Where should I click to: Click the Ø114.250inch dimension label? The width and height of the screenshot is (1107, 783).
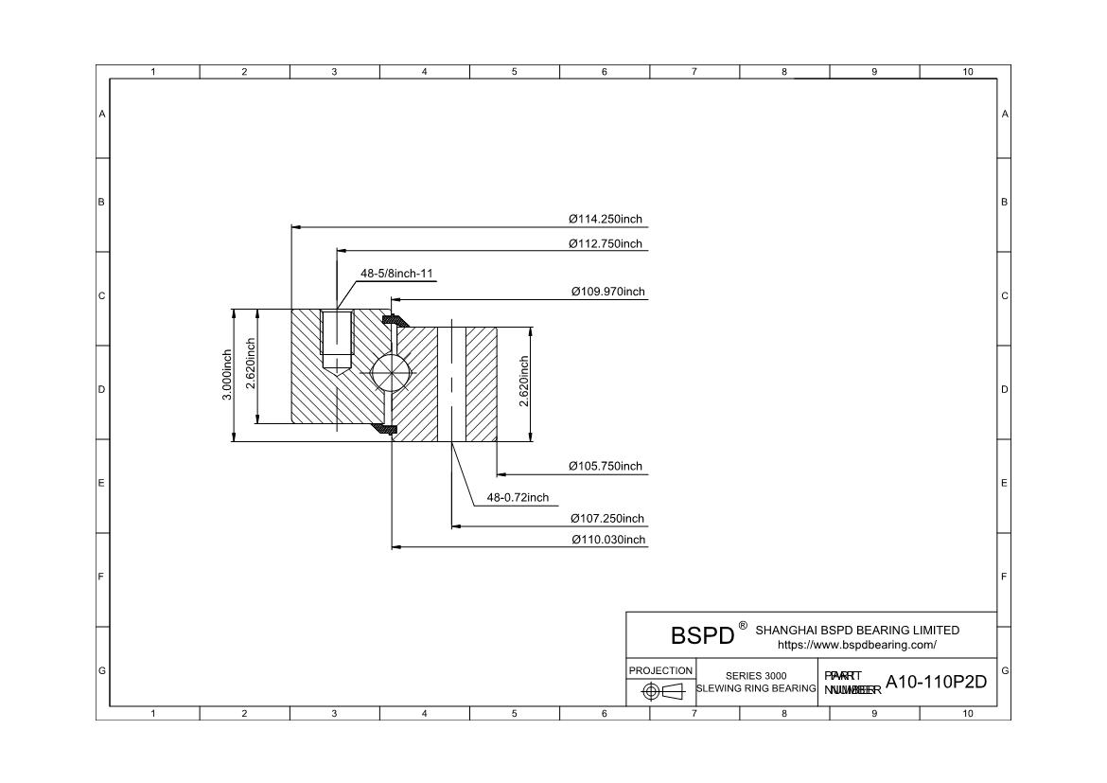pos(605,220)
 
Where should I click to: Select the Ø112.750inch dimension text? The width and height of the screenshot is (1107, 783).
pos(605,244)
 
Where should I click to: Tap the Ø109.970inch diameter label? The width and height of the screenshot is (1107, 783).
pos(607,292)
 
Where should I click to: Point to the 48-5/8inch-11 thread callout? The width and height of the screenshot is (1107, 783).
pos(396,274)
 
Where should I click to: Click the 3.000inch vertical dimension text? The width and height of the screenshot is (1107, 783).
pos(227,375)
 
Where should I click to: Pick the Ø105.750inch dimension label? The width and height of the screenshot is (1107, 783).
pos(605,467)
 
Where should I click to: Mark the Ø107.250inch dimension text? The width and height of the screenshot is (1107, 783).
pos(606,519)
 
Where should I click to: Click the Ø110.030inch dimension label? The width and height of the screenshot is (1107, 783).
pos(607,541)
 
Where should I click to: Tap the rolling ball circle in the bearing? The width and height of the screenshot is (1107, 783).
pos(391,372)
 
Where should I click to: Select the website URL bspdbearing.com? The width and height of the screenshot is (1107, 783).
pos(856,646)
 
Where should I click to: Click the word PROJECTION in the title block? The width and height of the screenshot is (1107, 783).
pos(660,670)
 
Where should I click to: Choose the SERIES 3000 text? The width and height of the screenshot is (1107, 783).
pos(756,676)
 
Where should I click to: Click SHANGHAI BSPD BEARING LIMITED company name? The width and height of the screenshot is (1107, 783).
pos(857,631)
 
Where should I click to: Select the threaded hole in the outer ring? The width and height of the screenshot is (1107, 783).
pos(336,339)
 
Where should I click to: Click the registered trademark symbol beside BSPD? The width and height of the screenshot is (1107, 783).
pos(743,626)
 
